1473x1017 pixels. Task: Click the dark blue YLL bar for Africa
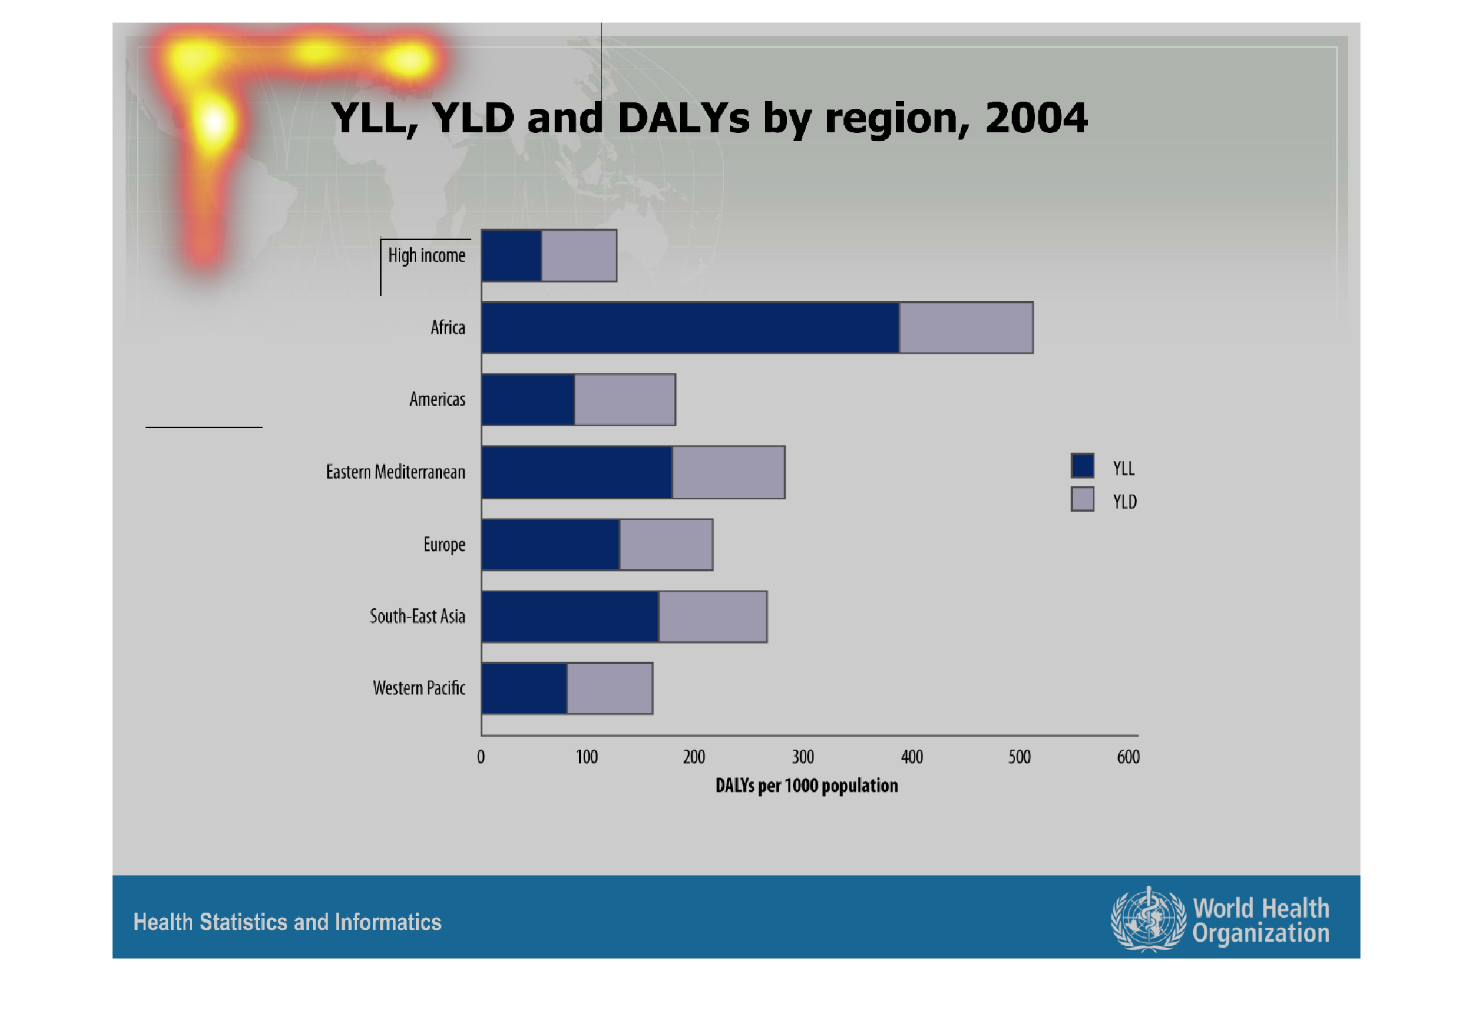point(691,328)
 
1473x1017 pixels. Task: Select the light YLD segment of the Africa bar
point(966,328)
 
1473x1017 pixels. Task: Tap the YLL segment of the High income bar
point(512,255)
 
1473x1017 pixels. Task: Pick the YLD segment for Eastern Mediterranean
point(729,472)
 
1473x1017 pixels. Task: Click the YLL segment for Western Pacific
point(524,689)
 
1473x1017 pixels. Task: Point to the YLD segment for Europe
point(666,544)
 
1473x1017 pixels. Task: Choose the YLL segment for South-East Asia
point(570,617)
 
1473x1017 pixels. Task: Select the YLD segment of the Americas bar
point(625,399)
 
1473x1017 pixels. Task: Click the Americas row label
point(437,399)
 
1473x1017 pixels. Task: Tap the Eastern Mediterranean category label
point(396,472)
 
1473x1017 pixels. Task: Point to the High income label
point(427,256)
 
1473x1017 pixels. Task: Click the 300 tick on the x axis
point(803,757)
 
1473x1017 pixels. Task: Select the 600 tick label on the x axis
point(1129,757)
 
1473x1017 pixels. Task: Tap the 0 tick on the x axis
point(481,757)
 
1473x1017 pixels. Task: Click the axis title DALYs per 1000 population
point(807,786)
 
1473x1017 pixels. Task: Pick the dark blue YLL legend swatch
point(1083,465)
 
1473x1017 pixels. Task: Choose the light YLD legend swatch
point(1083,499)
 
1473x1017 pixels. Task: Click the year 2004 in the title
point(1036,118)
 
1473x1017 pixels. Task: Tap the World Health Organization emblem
point(1149,920)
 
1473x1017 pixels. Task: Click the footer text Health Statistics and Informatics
point(288,922)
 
